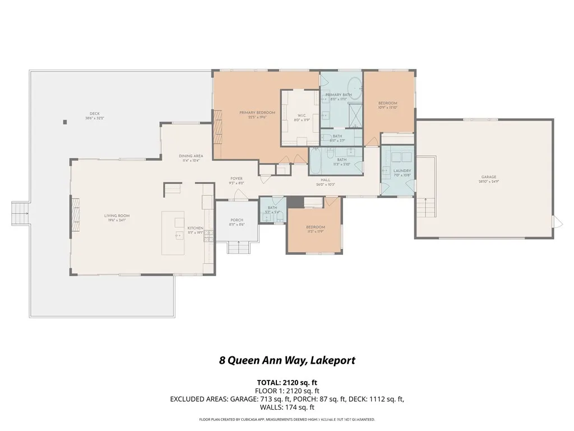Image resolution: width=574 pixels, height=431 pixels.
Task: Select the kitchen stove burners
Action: pyautogui.click(x=208, y=236)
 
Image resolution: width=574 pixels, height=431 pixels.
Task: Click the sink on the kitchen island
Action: pyautogui.click(x=179, y=236)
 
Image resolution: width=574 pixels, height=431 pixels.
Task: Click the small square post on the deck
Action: pyautogui.click(x=66, y=122)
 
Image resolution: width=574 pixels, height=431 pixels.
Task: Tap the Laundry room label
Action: pyautogui.click(x=402, y=171)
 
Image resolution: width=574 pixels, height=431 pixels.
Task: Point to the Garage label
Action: pyautogui.click(x=488, y=178)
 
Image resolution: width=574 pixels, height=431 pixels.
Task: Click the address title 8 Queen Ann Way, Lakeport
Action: pyautogui.click(x=287, y=360)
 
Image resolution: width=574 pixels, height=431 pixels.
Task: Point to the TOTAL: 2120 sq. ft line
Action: pyautogui.click(x=287, y=382)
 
